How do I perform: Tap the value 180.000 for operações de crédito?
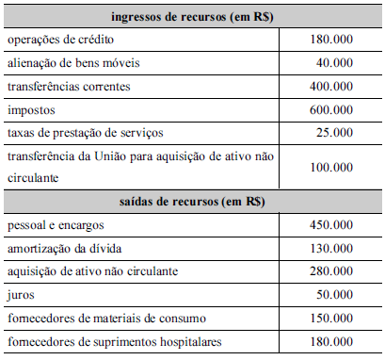point(330,41)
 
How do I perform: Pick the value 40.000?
point(333,64)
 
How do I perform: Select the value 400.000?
point(330,87)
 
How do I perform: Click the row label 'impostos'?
point(30,109)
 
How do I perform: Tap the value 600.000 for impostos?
point(330,109)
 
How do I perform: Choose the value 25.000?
point(333,133)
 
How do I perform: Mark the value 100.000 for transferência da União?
point(330,167)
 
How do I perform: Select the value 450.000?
point(330,225)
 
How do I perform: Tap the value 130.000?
point(330,248)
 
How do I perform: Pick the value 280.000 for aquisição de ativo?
point(330,271)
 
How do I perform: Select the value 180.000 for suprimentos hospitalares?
point(330,340)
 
